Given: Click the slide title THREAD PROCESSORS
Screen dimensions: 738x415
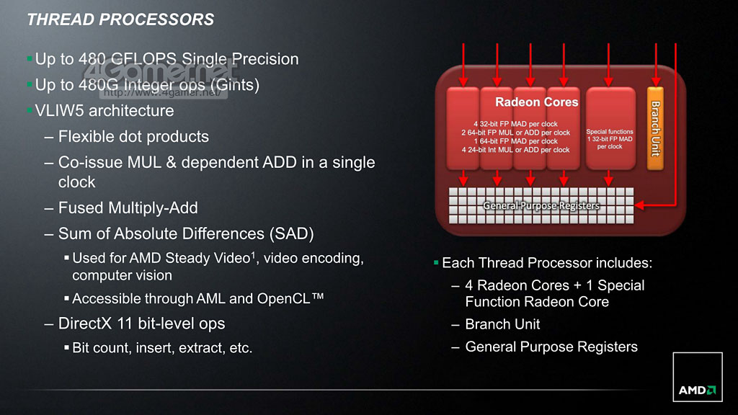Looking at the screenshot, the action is click(x=120, y=19).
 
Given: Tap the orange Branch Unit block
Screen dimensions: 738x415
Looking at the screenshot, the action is click(x=655, y=128).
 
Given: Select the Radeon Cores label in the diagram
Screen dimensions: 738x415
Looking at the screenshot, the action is click(x=536, y=102).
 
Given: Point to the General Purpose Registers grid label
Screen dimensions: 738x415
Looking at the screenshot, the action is click(x=541, y=205).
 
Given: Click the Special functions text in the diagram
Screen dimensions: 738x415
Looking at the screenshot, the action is click(x=610, y=132).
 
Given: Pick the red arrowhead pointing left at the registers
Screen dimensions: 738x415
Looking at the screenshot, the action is click(x=639, y=205).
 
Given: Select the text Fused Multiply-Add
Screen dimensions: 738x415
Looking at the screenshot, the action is click(x=128, y=207).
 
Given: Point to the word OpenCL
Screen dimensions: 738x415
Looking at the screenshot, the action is click(x=283, y=298).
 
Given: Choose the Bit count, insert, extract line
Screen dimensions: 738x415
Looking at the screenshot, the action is click(x=162, y=348).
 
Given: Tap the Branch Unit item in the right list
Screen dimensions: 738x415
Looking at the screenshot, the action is click(x=502, y=324).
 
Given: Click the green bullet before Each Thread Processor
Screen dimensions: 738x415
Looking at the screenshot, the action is click(x=436, y=262).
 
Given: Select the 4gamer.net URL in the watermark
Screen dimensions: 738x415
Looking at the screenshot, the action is click(x=162, y=92).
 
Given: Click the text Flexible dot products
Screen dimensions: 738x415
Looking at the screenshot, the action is click(x=133, y=136).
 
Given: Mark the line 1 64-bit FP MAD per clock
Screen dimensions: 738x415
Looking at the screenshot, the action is click(x=515, y=141).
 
